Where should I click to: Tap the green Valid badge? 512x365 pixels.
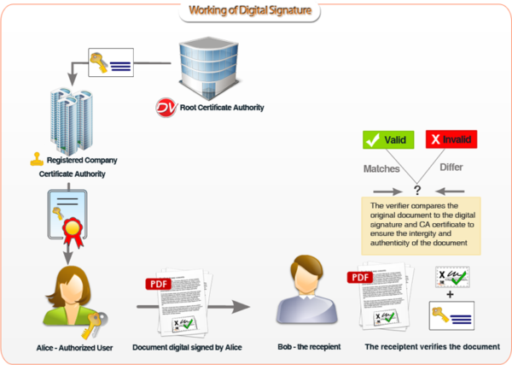(x=388, y=139)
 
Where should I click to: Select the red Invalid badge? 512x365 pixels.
(x=451, y=139)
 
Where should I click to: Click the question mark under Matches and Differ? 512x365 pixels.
(x=418, y=190)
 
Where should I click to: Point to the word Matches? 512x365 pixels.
(x=381, y=168)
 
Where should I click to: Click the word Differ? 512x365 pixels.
(x=451, y=168)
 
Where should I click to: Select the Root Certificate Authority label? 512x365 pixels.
(x=221, y=109)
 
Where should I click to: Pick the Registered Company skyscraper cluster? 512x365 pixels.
(x=73, y=119)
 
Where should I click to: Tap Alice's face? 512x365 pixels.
(x=74, y=285)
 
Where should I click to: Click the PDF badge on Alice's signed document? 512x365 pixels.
(x=159, y=284)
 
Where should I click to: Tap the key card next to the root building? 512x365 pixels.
(x=111, y=62)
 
